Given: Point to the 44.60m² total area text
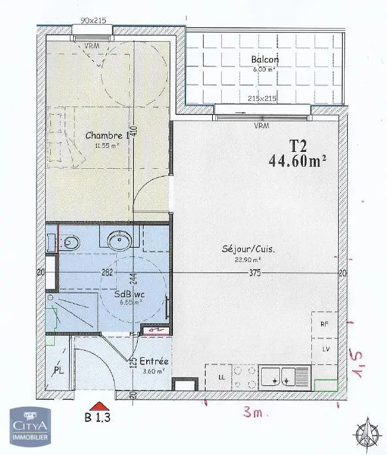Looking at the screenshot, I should (x=297, y=160).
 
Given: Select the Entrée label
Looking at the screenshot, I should (x=154, y=361).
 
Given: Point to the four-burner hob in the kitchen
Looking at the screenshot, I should (x=243, y=376).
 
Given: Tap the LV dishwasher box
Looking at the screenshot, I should (x=323, y=349).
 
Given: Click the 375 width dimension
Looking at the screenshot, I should (x=253, y=273).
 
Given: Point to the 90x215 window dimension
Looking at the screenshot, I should (x=94, y=21).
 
